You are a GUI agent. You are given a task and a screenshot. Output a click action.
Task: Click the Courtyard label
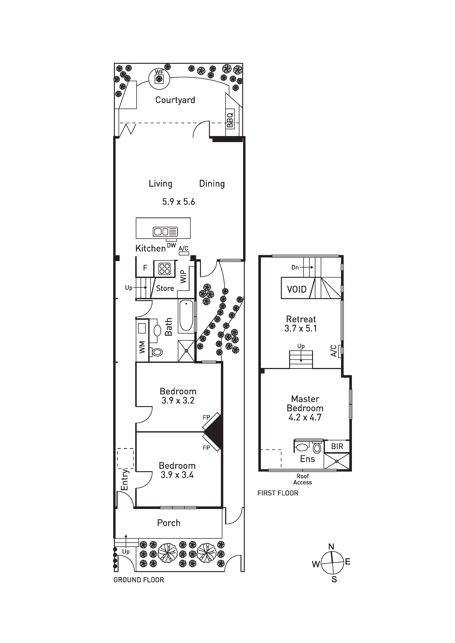pyautogui.click(x=175, y=100)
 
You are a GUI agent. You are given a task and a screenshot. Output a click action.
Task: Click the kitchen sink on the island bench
pyautogui.click(x=165, y=232)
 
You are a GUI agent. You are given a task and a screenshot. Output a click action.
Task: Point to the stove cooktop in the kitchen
pyautogui.click(x=164, y=269)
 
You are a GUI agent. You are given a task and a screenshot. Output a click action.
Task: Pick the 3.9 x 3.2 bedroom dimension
pyautogui.click(x=178, y=400)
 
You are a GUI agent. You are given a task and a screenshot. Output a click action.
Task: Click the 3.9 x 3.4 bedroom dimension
pyautogui.click(x=177, y=475)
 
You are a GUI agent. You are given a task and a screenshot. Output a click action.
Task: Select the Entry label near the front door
pyautogui.click(x=124, y=480)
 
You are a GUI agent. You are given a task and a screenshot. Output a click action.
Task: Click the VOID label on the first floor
pyautogui.click(x=297, y=289)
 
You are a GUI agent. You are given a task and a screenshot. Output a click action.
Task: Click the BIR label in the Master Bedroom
pyautogui.click(x=337, y=446)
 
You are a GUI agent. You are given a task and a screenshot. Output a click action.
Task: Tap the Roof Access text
pyautogui.click(x=303, y=479)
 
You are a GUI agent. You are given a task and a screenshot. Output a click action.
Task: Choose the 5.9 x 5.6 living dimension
pyautogui.click(x=179, y=202)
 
